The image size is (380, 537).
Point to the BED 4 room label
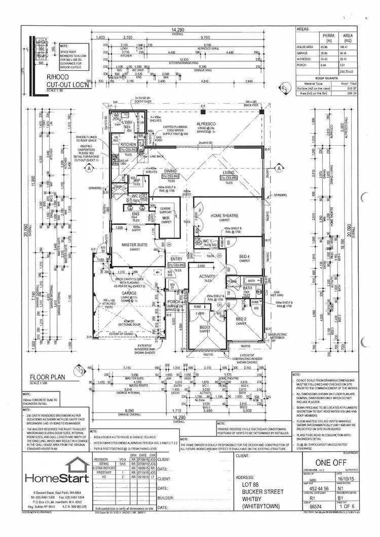(x=244, y=256)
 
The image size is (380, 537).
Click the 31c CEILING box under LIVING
(x=229, y=178)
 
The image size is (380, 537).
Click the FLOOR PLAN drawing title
(x=49, y=377)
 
